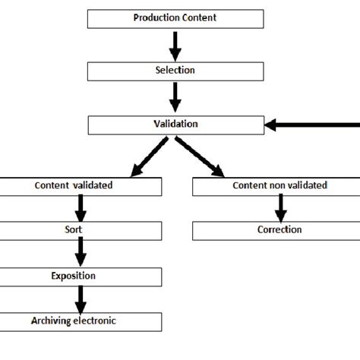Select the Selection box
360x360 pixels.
click(x=175, y=71)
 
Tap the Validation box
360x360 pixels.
click(x=175, y=123)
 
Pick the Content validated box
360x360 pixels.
click(x=81, y=185)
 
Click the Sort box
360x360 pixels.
click(x=81, y=230)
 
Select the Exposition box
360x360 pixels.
click(x=81, y=276)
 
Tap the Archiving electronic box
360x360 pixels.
click(x=81, y=321)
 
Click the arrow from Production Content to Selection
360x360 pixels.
click(x=175, y=44)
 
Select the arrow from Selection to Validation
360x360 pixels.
click(x=175, y=96)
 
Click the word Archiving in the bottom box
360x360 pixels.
click(x=54, y=321)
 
